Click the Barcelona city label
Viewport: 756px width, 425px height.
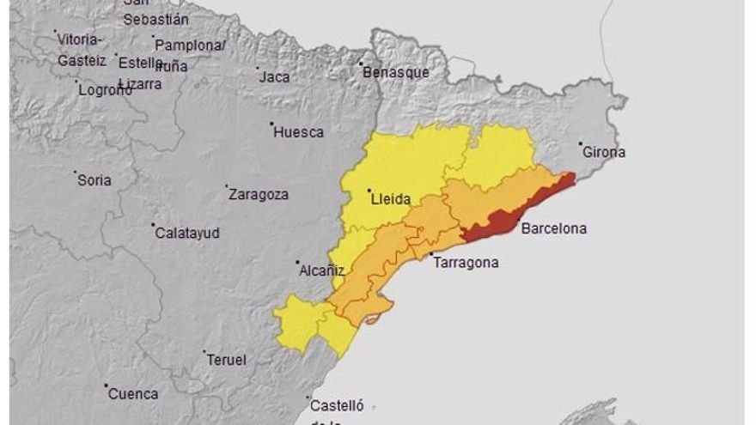click(x=554, y=229)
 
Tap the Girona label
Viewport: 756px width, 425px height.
click(x=604, y=153)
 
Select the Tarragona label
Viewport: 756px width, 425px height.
click(x=466, y=263)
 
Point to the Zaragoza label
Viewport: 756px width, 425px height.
click(x=259, y=195)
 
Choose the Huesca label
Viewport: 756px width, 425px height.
click(x=299, y=132)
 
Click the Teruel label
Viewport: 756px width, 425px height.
click(x=227, y=360)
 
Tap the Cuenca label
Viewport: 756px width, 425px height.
click(x=133, y=394)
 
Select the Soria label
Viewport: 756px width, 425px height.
click(x=94, y=180)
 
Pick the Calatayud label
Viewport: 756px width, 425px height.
click(x=187, y=234)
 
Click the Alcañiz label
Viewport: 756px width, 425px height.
click(x=321, y=270)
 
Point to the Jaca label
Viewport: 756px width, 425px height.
click(x=274, y=77)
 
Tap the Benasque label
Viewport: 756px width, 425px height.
click(x=397, y=73)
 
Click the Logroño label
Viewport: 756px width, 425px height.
click(x=105, y=90)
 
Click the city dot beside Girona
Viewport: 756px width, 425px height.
click(x=582, y=143)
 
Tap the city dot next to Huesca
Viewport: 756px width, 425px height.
click(x=272, y=124)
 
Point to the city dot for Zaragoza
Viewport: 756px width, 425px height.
click(x=227, y=186)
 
